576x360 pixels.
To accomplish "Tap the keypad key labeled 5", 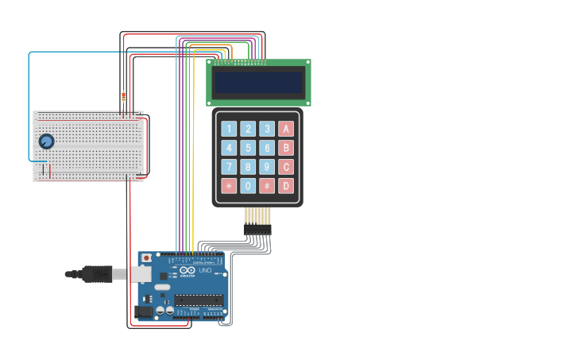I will point(248,148).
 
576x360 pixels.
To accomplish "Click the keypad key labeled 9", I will point(267,167).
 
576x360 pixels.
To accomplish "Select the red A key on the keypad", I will point(286,129).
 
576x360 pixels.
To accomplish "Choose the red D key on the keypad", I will point(286,186).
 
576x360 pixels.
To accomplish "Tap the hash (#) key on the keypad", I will point(267,186).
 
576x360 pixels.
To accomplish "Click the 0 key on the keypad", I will point(248,186).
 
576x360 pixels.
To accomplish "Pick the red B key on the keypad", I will point(286,148).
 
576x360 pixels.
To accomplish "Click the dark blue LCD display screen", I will point(258,83).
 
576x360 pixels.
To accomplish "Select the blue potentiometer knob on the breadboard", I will point(46,141).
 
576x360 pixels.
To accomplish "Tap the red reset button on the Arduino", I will point(146,258).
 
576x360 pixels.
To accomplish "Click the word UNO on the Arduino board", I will point(204,271).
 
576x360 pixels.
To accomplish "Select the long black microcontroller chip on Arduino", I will point(199,300).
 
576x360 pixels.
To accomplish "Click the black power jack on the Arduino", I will point(144,312).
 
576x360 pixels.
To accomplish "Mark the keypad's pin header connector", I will point(257,229).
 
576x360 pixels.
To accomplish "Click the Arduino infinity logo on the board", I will point(187,270).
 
